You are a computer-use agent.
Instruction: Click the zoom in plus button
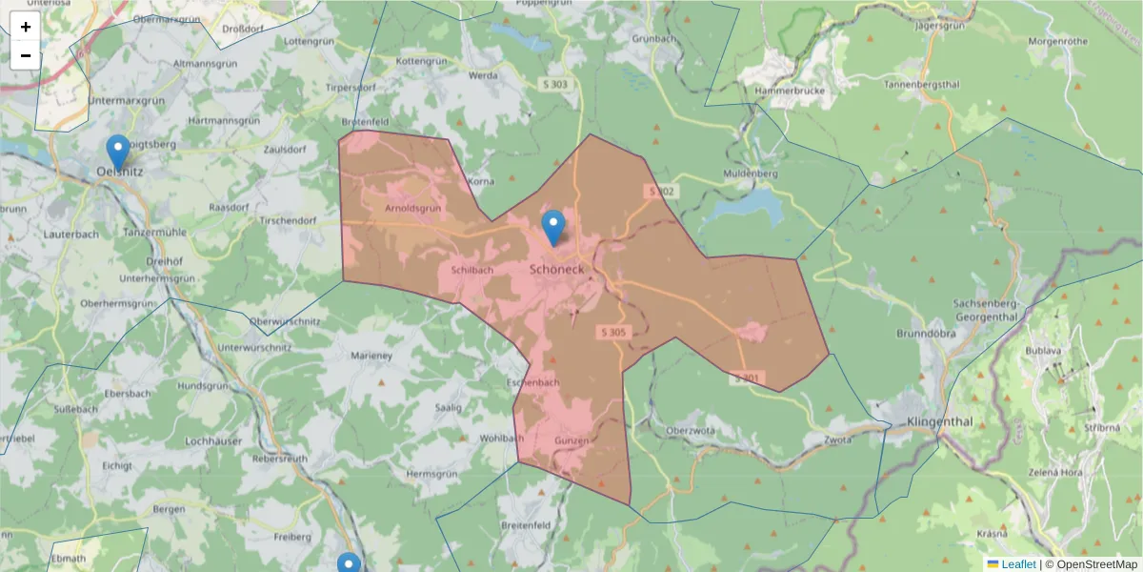tap(26, 27)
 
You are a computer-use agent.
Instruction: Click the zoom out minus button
tap(26, 55)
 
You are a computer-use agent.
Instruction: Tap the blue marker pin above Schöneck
tap(552, 228)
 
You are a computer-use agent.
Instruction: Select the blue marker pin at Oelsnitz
tap(118, 152)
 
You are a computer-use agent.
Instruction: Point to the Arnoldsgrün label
tap(411, 208)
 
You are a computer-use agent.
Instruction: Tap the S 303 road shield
tap(558, 85)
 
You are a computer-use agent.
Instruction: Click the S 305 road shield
tap(614, 332)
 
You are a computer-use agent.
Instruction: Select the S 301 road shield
tap(748, 378)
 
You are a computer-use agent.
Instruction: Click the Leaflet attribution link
tap(1017, 564)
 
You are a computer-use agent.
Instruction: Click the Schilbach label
tap(471, 270)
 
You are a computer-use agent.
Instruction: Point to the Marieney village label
tap(371, 356)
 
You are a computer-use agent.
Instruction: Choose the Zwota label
tap(837, 439)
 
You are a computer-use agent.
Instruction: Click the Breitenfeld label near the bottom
tap(526, 525)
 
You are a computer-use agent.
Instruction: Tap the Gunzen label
tap(571, 440)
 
